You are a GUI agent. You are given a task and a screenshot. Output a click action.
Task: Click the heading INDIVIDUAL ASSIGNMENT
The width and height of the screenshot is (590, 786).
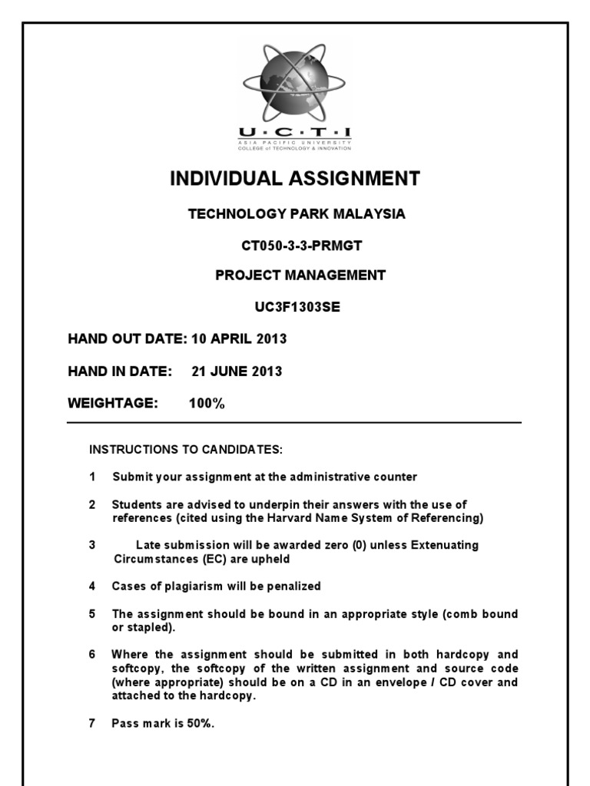point(295,179)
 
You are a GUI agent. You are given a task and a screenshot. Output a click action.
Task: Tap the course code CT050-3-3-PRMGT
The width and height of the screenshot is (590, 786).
point(297,246)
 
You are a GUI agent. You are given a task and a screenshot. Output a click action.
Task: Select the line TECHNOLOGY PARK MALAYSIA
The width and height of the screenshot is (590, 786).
point(297,214)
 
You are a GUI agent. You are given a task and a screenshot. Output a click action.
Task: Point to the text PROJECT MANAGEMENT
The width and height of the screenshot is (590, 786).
point(300,276)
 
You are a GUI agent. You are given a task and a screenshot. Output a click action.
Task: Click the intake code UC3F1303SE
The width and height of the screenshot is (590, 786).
point(297,307)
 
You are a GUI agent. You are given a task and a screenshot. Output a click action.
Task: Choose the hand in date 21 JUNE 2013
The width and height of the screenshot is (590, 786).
point(237,372)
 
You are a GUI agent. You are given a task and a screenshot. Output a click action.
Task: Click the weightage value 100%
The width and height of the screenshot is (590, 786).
point(207,404)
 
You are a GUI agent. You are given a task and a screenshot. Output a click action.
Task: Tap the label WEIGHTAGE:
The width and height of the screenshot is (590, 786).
point(113,404)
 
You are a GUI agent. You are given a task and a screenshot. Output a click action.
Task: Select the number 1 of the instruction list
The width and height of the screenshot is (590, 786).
point(92,477)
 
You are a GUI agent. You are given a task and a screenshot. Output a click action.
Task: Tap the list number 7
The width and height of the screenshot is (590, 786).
point(92,723)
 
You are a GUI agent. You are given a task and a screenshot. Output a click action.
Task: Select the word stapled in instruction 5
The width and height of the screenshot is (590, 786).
point(149,627)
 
